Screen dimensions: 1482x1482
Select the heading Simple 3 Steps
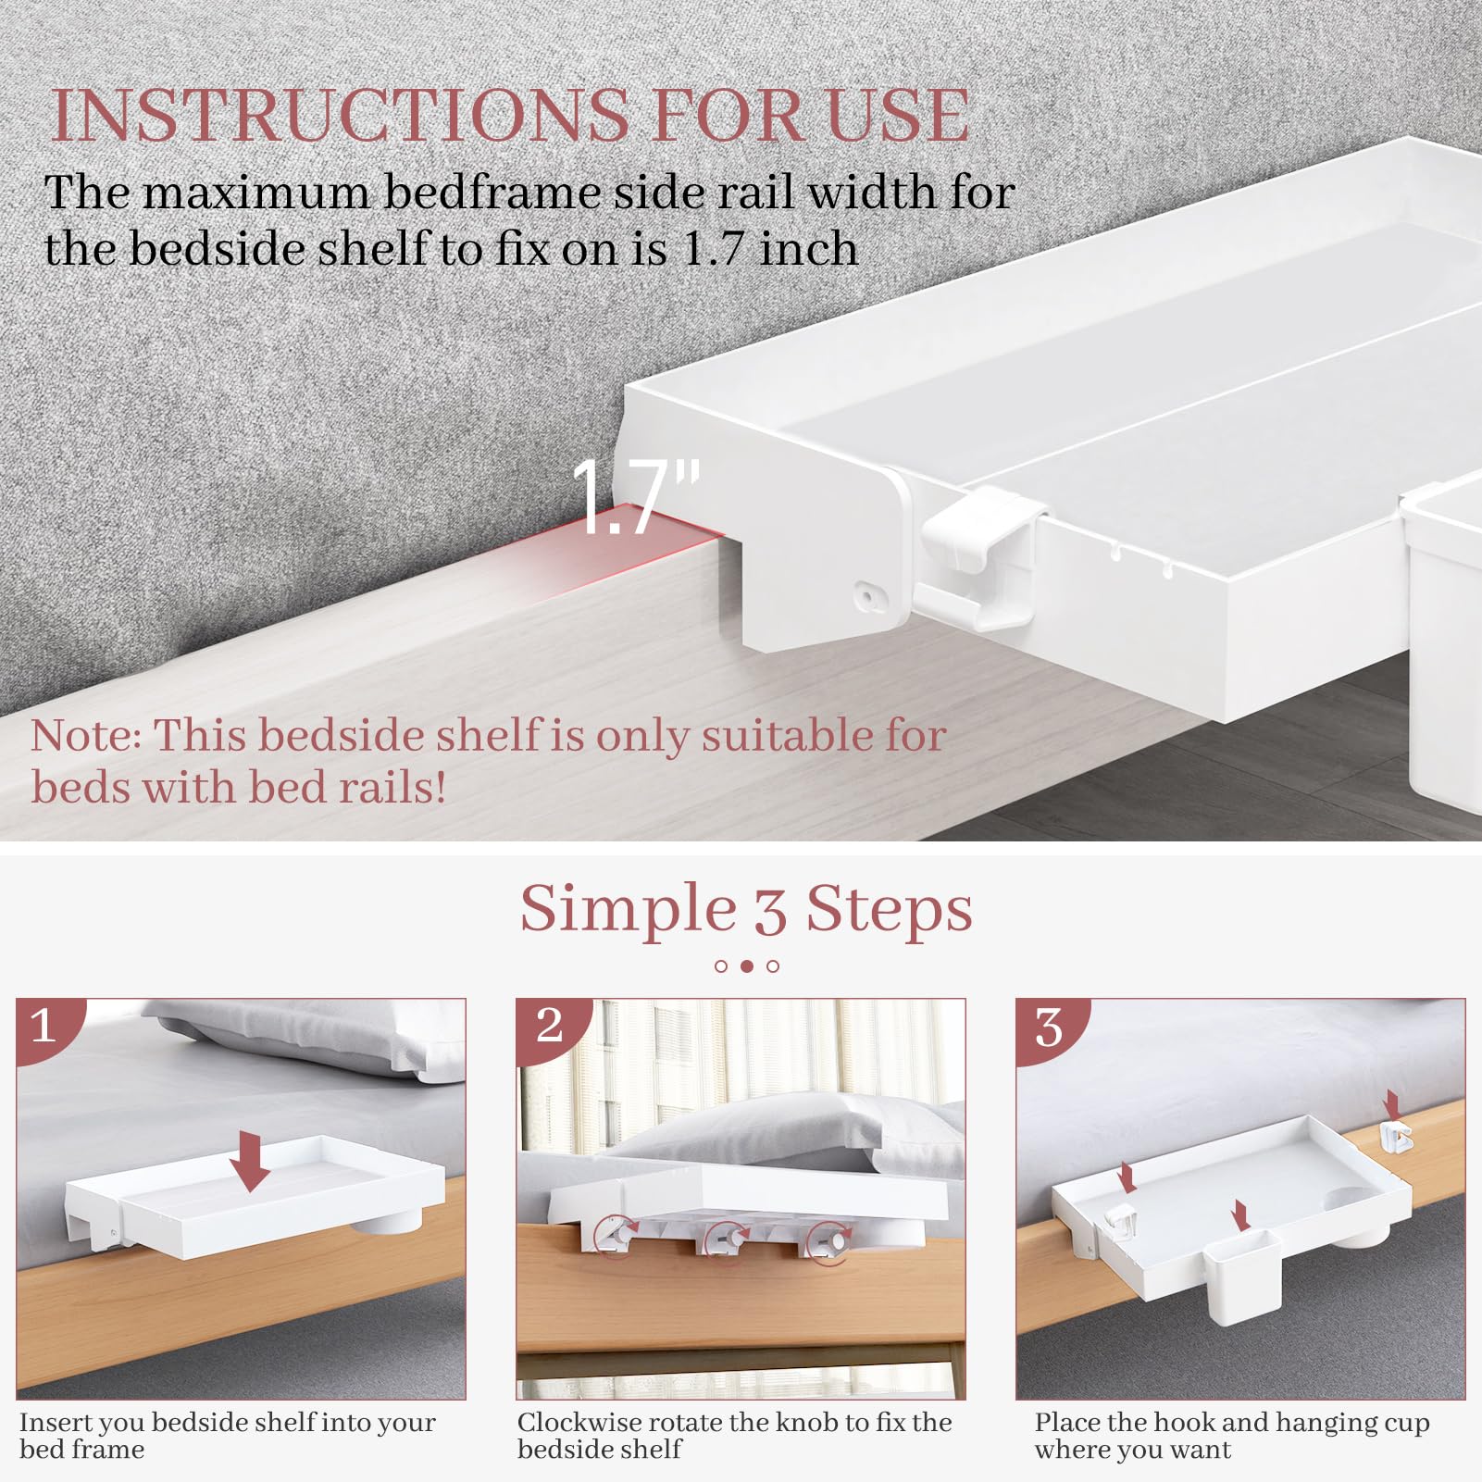tap(746, 908)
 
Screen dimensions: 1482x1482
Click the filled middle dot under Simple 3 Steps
tap(747, 965)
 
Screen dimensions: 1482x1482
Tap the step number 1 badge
tap(44, 1026)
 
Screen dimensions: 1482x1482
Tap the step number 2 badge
tap(549, 1025)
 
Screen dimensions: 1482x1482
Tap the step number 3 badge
tap(1049, 1027)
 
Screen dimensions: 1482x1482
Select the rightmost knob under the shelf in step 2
tap(830, 1239)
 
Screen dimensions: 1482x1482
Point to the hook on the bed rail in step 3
tap(1395, 1137)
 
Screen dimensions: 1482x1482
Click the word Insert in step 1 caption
tap(50, 1422)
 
